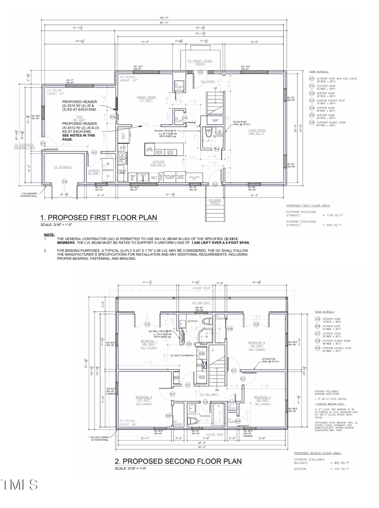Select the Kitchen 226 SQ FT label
156,164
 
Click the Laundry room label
94,171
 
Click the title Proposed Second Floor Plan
179,461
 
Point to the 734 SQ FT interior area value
343,469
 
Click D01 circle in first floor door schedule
312,80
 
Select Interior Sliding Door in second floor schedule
337,341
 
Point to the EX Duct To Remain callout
182,354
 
